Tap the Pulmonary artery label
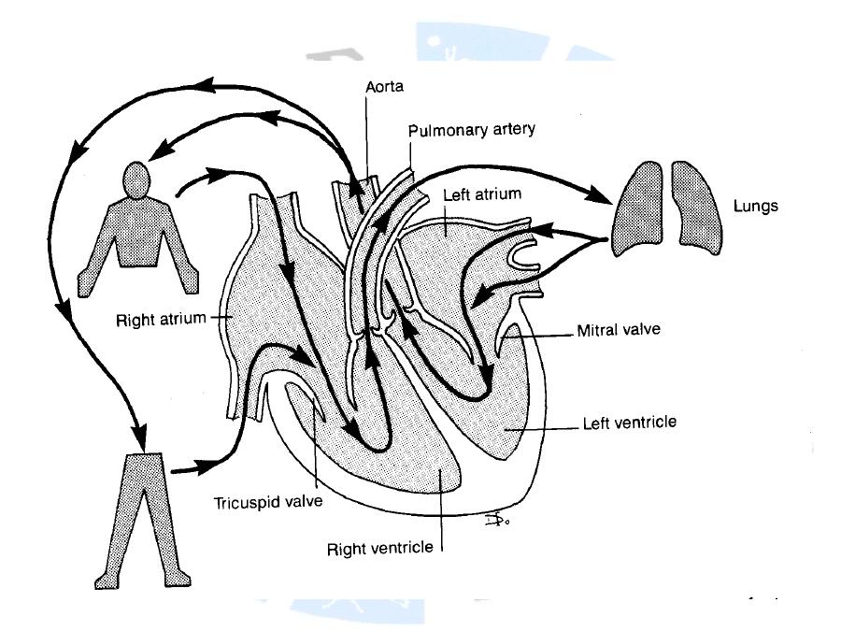(x=472, y=129)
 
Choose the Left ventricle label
(x=629, y=423)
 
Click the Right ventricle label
(x=380, y=546)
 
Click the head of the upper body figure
(x=137, y=179)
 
